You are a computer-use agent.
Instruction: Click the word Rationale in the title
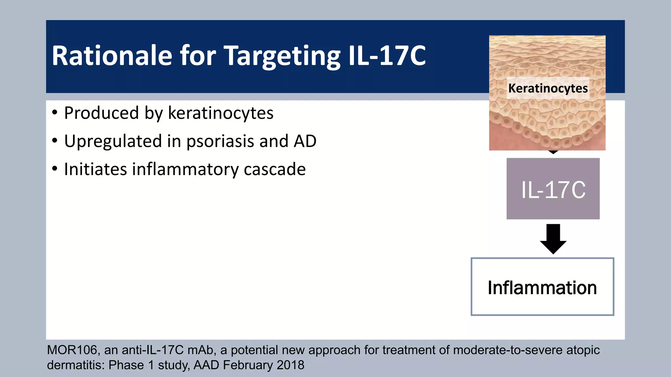pyautogui.click(x=112, y=56)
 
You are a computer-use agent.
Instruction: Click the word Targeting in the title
pyautogui.click(x=282, y=56)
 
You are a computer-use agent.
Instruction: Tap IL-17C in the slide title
pyautogui.click(x=387, y=56)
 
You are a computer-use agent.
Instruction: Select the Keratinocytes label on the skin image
pyautogui.click(x=548, y=88)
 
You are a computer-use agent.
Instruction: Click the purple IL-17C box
pyautogui.click(x=553, y=189)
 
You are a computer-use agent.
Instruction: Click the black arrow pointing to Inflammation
pyautogui.click(x=553, y=239)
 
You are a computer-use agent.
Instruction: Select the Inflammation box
pyautogui.click(x=542, y=287)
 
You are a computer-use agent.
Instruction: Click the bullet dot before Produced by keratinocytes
pyautogui.click(x=55, y=113)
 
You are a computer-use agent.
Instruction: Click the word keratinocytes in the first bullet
pyautogui.click(x=220, y=113)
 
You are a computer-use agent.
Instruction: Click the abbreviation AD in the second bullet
pyautogui.click(x=305, y=141)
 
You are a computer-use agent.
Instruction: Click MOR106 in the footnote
pyautogui.click(x=72, y=350)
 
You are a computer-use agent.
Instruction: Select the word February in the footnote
pyautogui.click(x=248, y=365)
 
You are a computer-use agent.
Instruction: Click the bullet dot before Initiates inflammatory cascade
pyautogui.click(x=55, y=169)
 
